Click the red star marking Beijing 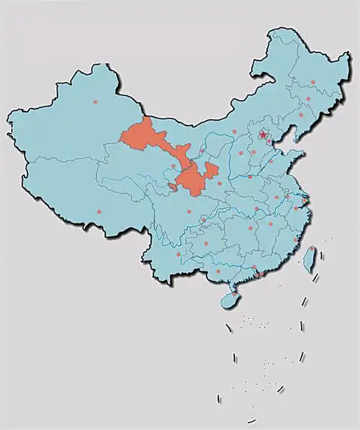[x=264, y=135]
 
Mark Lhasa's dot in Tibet [x=99, y=212]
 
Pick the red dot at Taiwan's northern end [x=315, y=249]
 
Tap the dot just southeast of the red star [x=270, y=142]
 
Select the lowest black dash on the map [x=251, y=419]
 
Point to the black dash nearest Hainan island [x=229, y=328]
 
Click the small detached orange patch [x=171, y=187]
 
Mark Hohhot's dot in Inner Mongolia [x=235, y=132]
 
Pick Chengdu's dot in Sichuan [x=189, y=212]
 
